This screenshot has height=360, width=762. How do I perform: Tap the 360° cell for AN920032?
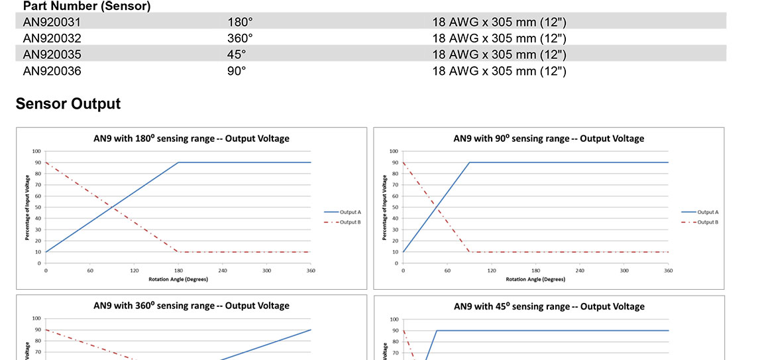click(x=240, y=38)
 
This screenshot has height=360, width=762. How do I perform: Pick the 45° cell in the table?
click(x=237, y=54)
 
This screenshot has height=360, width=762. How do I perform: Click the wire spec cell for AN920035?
click(x=499, y=54)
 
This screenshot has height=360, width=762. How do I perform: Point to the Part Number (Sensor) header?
click(x=87, y=7)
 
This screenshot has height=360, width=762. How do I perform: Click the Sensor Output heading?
click(x=68, y=104)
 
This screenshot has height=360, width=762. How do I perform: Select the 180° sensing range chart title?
click(x=191, y=139)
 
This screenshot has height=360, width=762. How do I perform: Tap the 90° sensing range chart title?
click(x=549, y=139)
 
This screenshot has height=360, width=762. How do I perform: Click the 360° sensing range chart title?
click(x=191, y=306)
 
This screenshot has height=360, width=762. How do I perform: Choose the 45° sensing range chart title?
click(x=549, y=306)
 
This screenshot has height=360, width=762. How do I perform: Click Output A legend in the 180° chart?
click(x=350, y=212)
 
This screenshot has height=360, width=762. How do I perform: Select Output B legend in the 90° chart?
click(x=708, y=222)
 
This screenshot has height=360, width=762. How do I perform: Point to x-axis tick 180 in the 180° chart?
click(x=178, y=270)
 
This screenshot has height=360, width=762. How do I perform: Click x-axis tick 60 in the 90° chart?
click(x=447, y=270)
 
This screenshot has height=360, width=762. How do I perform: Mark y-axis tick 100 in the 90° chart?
click(x=394, y=152)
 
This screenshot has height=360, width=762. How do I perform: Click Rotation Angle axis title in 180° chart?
click(x=178, y=279)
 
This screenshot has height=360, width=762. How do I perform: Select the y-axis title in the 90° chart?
click(x=384, y=208)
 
